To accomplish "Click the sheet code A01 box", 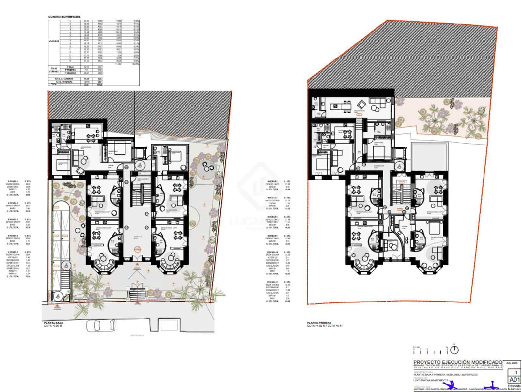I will pos(514,380).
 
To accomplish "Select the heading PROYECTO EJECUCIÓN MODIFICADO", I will pos(458,362).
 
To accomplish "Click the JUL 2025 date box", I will pos(513,363).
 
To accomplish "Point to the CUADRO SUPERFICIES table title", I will pos(64,17).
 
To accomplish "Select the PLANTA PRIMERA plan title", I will pos(319,323).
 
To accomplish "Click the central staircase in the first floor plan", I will pos(397,193).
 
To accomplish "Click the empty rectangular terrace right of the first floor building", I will pos(429,156).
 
